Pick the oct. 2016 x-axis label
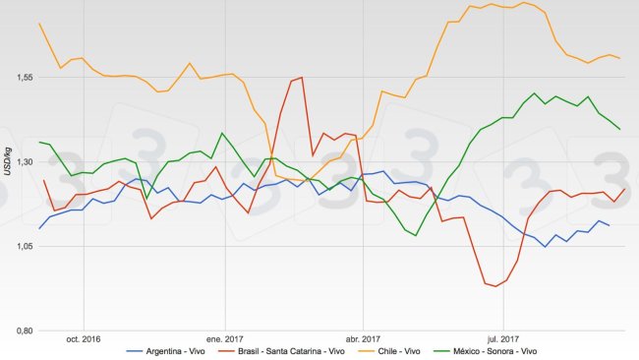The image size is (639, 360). tap(84, 339)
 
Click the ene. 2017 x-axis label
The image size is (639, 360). tap(225, 339)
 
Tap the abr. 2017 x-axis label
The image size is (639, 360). tap(363, 339)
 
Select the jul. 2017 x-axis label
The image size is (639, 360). tap(503, 339)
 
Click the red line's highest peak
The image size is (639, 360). tap(302, 78)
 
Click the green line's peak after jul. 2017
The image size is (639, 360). tap(534, 94)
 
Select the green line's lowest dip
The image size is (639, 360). tap(416, 235)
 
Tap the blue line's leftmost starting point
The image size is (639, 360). tap(39, 228)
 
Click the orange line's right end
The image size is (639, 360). tap(619, 58)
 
